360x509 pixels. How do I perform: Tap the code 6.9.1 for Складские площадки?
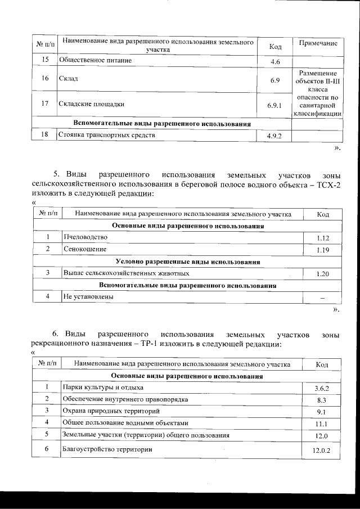pyautogui.click(x=274, y=105)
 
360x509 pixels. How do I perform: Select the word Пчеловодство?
pyautogui.click(x=85, y=237)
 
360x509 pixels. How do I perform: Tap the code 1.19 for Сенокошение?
pyautogui.click(x=322, y=250)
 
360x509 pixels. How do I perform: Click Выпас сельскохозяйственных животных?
pyautogui.click(x=126, y=273)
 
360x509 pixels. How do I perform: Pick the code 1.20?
pyautogui.click(x=322, y=274)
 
